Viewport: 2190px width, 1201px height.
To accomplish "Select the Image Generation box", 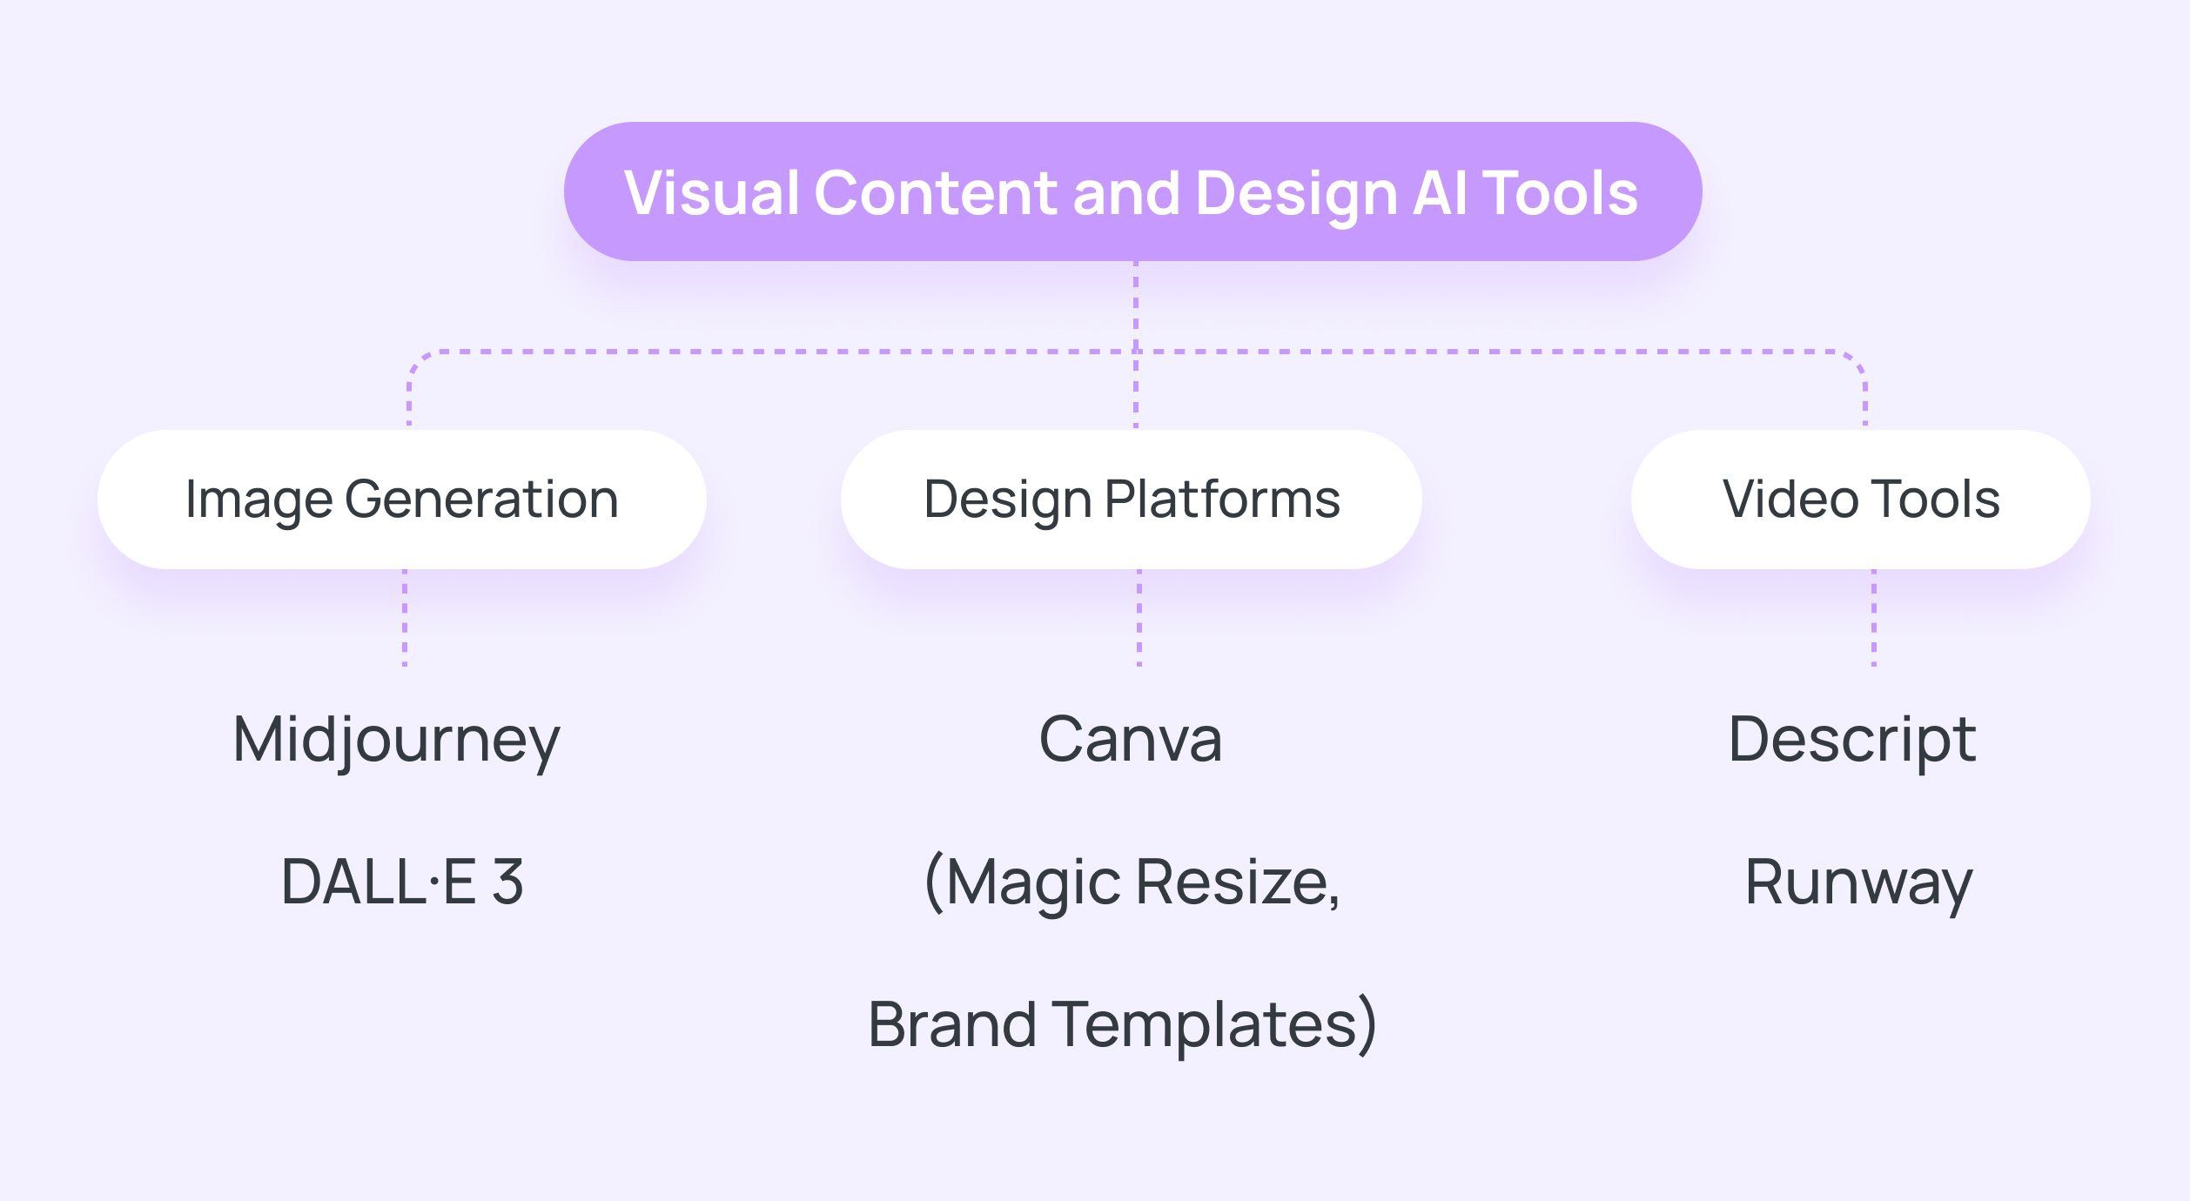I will (x=401, y=500).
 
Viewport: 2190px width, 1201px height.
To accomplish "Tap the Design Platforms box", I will (x=1131, y=500).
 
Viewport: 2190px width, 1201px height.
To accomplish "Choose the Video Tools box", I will (x=1860, y=500).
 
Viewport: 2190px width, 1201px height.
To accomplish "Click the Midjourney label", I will (x=396, y=741).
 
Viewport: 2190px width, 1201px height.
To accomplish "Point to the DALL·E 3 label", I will (x=401, y=882).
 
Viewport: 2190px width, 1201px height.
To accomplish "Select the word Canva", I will (x=1130, y=741).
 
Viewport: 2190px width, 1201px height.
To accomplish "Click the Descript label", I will (x=1851, y=741).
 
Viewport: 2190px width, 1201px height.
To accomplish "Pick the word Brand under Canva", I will (x=952, y=1024).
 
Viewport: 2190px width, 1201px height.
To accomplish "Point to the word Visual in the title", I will (x=711, y=192).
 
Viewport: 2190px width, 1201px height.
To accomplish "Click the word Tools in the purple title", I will (x=1560, y=192).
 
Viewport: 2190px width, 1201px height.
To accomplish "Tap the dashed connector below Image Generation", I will (x=405, y=618).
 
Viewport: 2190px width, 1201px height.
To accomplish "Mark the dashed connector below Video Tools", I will (x=1874, y=618).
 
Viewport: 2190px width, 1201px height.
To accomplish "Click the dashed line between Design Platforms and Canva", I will (x=1139, y=618).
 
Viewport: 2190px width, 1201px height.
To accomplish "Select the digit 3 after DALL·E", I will (x=507, y=882).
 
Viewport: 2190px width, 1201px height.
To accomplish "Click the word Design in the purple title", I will (x=1296, y=194).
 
